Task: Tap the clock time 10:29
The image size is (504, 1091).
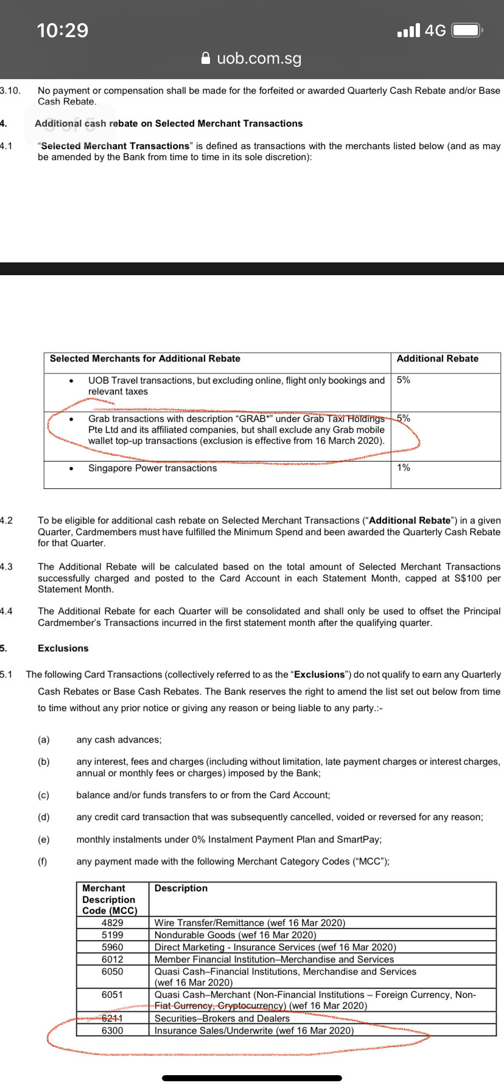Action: pyautogui.click(x=63, y=30)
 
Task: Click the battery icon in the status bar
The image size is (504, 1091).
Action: pyautogui.click(x=467, y=30)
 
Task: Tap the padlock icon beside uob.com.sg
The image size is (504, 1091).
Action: pyautogui.click(x=206, y=58)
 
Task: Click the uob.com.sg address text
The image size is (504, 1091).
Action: pyautogui.click(x=259, y=58)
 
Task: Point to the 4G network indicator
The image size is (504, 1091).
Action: pyautogui.click(x=435, y=30)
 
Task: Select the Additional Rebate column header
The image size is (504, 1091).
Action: pyautogui.click(x=437, y=359)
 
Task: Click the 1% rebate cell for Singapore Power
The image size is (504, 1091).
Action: pyautogui.click(x=404, y=468)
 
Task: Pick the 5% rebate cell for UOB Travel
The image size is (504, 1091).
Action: pyautogui.click(x=404, y=380)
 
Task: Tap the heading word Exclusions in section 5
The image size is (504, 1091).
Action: pyautogui.click(x=63, y=648)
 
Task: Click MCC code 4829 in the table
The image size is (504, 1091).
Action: pyautogui.click(x=112, y=923)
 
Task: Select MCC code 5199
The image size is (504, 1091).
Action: pyautogui.click(x=112, y=935)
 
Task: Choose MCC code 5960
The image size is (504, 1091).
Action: pyautogui.click(x=112, y=947)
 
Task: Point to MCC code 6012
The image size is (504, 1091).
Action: pyautogui.click(x=112, y=959)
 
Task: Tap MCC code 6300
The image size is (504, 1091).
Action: pyautogui.click(x=112, y=1031)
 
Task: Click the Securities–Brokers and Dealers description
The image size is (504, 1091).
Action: pyautogui.click(x=222, y=1019)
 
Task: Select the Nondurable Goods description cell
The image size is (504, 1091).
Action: pyautogui.click(x=235, y=935)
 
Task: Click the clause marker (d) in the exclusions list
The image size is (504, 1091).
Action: pyautogui.click(x=43, y=817)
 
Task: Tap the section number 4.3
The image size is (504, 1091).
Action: pyautogui.click(x=6, y=567)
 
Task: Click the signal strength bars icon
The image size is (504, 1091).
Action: pyautogui.click(x=408, y=30)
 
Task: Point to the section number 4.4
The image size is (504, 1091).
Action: pyautogui.click(x=6, y=611)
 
